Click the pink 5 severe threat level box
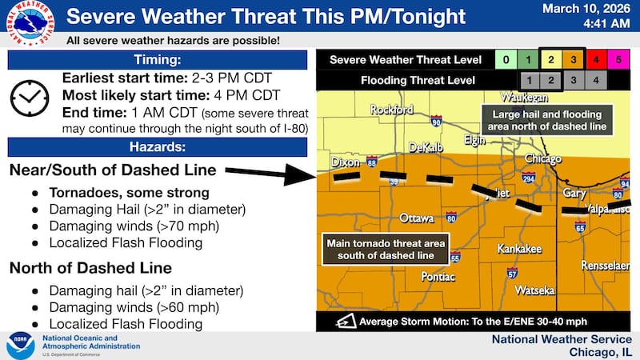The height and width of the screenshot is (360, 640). click(x=618, y=60)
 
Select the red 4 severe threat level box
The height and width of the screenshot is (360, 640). click(x=595, y=60)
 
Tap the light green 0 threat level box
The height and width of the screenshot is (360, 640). click(x=505, y=60)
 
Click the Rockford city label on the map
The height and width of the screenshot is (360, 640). click(x=390, y=110)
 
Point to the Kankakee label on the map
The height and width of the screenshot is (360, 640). click(x=519, y=249)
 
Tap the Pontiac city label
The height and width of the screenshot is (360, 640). click(x=438, y=277)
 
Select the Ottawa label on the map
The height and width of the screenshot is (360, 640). click(x=417, y=218)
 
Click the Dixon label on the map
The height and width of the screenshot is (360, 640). click(x=345, y=162)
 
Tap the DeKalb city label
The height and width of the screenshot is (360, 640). click(x=425, y=148)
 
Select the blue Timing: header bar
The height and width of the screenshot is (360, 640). click(x=157, y=60)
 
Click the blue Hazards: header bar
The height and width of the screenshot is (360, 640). click(x=157, y=146)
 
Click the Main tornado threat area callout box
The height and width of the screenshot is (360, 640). click(x=384, y=249)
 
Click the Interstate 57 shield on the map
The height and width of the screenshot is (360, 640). click(x=511, y=273)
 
